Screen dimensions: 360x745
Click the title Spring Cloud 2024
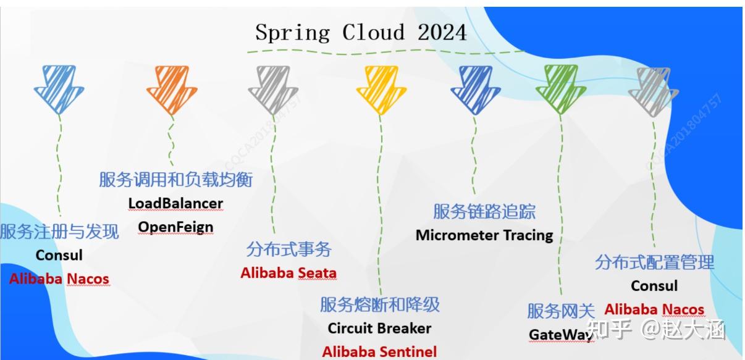tap(361, 32)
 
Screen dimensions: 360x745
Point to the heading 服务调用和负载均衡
tap(176, 180)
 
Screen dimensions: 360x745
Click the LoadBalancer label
tap(175, 203)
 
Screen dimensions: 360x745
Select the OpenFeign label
tap(175, 227)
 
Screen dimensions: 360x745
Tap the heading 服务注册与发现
tap(59, 232)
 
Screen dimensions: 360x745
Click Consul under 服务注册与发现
tap(59, 255)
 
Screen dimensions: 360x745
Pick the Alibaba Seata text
tap(288, 273)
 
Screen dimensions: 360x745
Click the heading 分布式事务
tap(288, 249)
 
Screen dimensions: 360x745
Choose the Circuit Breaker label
tap(379, 329)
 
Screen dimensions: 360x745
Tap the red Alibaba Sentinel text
tap(379, 352)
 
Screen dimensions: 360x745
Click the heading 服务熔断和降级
tap(380, 304)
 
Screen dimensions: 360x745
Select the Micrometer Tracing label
tap(484, 235)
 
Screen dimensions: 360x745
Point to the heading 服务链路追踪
tap(484, 212)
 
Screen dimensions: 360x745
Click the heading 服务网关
tap(561, 311)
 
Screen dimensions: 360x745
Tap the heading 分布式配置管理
tap(654, 262)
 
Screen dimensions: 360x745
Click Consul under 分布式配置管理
tap(654, 286)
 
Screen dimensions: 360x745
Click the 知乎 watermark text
tap(610, 330)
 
